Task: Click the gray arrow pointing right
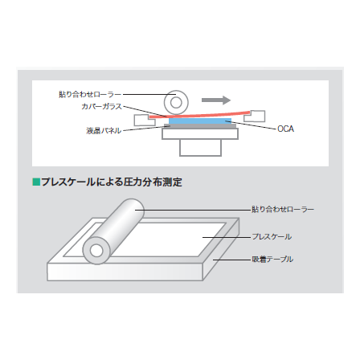pos(216,100)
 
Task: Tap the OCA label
pos(285,129)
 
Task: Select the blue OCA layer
pos(200,121)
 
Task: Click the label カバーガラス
pos(101,107)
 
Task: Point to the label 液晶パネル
pos(104,131)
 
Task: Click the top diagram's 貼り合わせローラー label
pos(90,94)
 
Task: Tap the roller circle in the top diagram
pos(176,102)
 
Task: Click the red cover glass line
pos(199,116)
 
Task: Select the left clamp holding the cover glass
pos(145,120)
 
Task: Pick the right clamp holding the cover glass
pos(255,117)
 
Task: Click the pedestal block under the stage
pos(200,148)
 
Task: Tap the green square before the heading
pos(36,182)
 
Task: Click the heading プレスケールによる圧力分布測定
pos(112,182)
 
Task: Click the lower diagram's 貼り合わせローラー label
pos(283,209)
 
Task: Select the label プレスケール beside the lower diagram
pos(272,237)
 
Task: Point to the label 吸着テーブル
pos(272,260)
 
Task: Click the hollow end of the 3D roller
pos(96,251)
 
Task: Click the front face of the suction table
pos(125,272)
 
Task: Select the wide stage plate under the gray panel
pos(200,134)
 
